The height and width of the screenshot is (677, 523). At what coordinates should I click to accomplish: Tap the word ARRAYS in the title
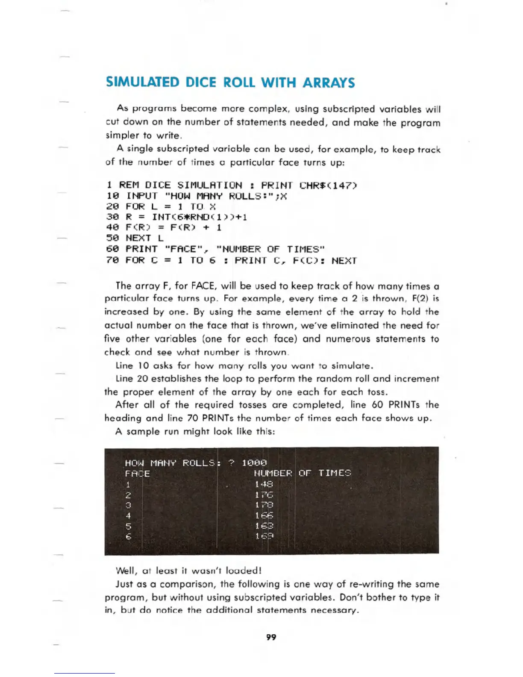[x=329, y=82]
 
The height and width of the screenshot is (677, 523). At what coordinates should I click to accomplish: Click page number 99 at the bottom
[x=271, y=637]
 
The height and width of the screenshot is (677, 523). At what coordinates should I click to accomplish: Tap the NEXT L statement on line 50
[x=144, y=238]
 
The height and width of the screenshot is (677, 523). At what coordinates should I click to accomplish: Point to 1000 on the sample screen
[x=254, y=463]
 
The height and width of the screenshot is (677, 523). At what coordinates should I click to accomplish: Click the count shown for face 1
[x=264, y=484]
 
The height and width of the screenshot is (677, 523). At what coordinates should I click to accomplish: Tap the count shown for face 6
[x=264, y=536]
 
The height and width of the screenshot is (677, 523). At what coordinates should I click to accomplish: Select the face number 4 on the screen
[x=128, y=515]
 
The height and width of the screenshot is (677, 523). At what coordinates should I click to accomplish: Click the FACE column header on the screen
[x=137, y=474]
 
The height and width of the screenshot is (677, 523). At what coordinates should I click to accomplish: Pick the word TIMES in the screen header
[x=335, y=473]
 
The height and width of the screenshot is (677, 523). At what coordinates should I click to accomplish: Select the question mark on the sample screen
[x=231, y=463]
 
